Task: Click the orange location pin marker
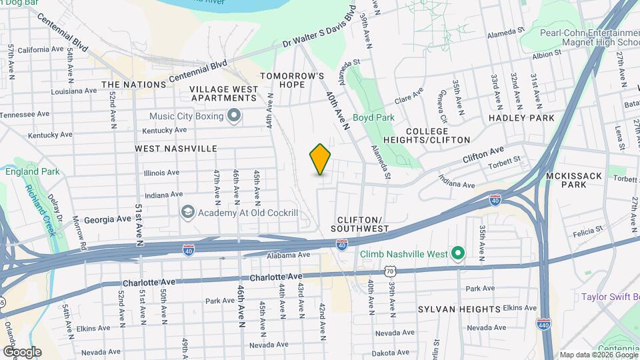tap(320, 159)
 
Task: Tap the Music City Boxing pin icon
tap(233, 117)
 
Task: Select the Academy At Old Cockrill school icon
tap(187, 212)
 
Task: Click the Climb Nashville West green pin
tap(457, 253)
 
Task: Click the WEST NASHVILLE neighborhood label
tap(176, 148)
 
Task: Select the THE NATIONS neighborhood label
tap(134, 85)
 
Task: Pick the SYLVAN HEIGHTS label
tap(459, 309)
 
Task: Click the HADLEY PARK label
tap(521, 117)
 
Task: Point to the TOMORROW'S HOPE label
tap(292, 81)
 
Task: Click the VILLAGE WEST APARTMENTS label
tap(224, 93)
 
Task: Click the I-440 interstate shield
tap(543, 323)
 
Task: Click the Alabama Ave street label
tap(289, 255)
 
